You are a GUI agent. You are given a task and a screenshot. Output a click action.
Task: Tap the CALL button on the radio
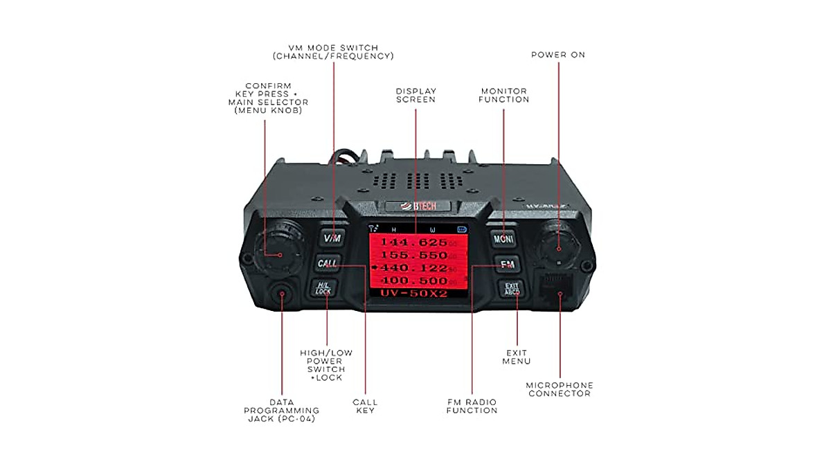327,264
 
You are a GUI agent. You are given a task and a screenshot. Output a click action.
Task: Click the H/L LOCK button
323,288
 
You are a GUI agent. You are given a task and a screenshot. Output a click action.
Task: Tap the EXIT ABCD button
512,288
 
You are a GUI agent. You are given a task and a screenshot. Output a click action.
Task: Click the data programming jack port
283,294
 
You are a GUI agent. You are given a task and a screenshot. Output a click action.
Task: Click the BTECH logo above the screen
418,206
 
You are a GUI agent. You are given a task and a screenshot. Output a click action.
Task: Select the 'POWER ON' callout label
557,55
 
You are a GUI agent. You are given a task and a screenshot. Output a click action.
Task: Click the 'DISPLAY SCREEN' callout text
415,95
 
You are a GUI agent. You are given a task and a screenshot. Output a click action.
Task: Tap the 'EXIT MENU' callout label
517,357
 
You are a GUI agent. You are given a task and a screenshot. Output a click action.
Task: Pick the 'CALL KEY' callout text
365,406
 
